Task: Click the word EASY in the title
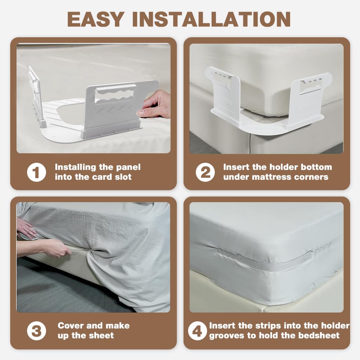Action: pos(96,19)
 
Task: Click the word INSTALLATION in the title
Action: pos(211,19)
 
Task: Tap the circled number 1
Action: pos(37,172)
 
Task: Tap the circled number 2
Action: pos(205,172)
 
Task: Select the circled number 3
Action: pos(37,331)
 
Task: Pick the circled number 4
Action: pos(198,331)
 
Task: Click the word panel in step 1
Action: pos(128,167)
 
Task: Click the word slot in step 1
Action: pos(123,177)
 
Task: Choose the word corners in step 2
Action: pos(312,177)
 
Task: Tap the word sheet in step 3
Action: pos(101,335)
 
